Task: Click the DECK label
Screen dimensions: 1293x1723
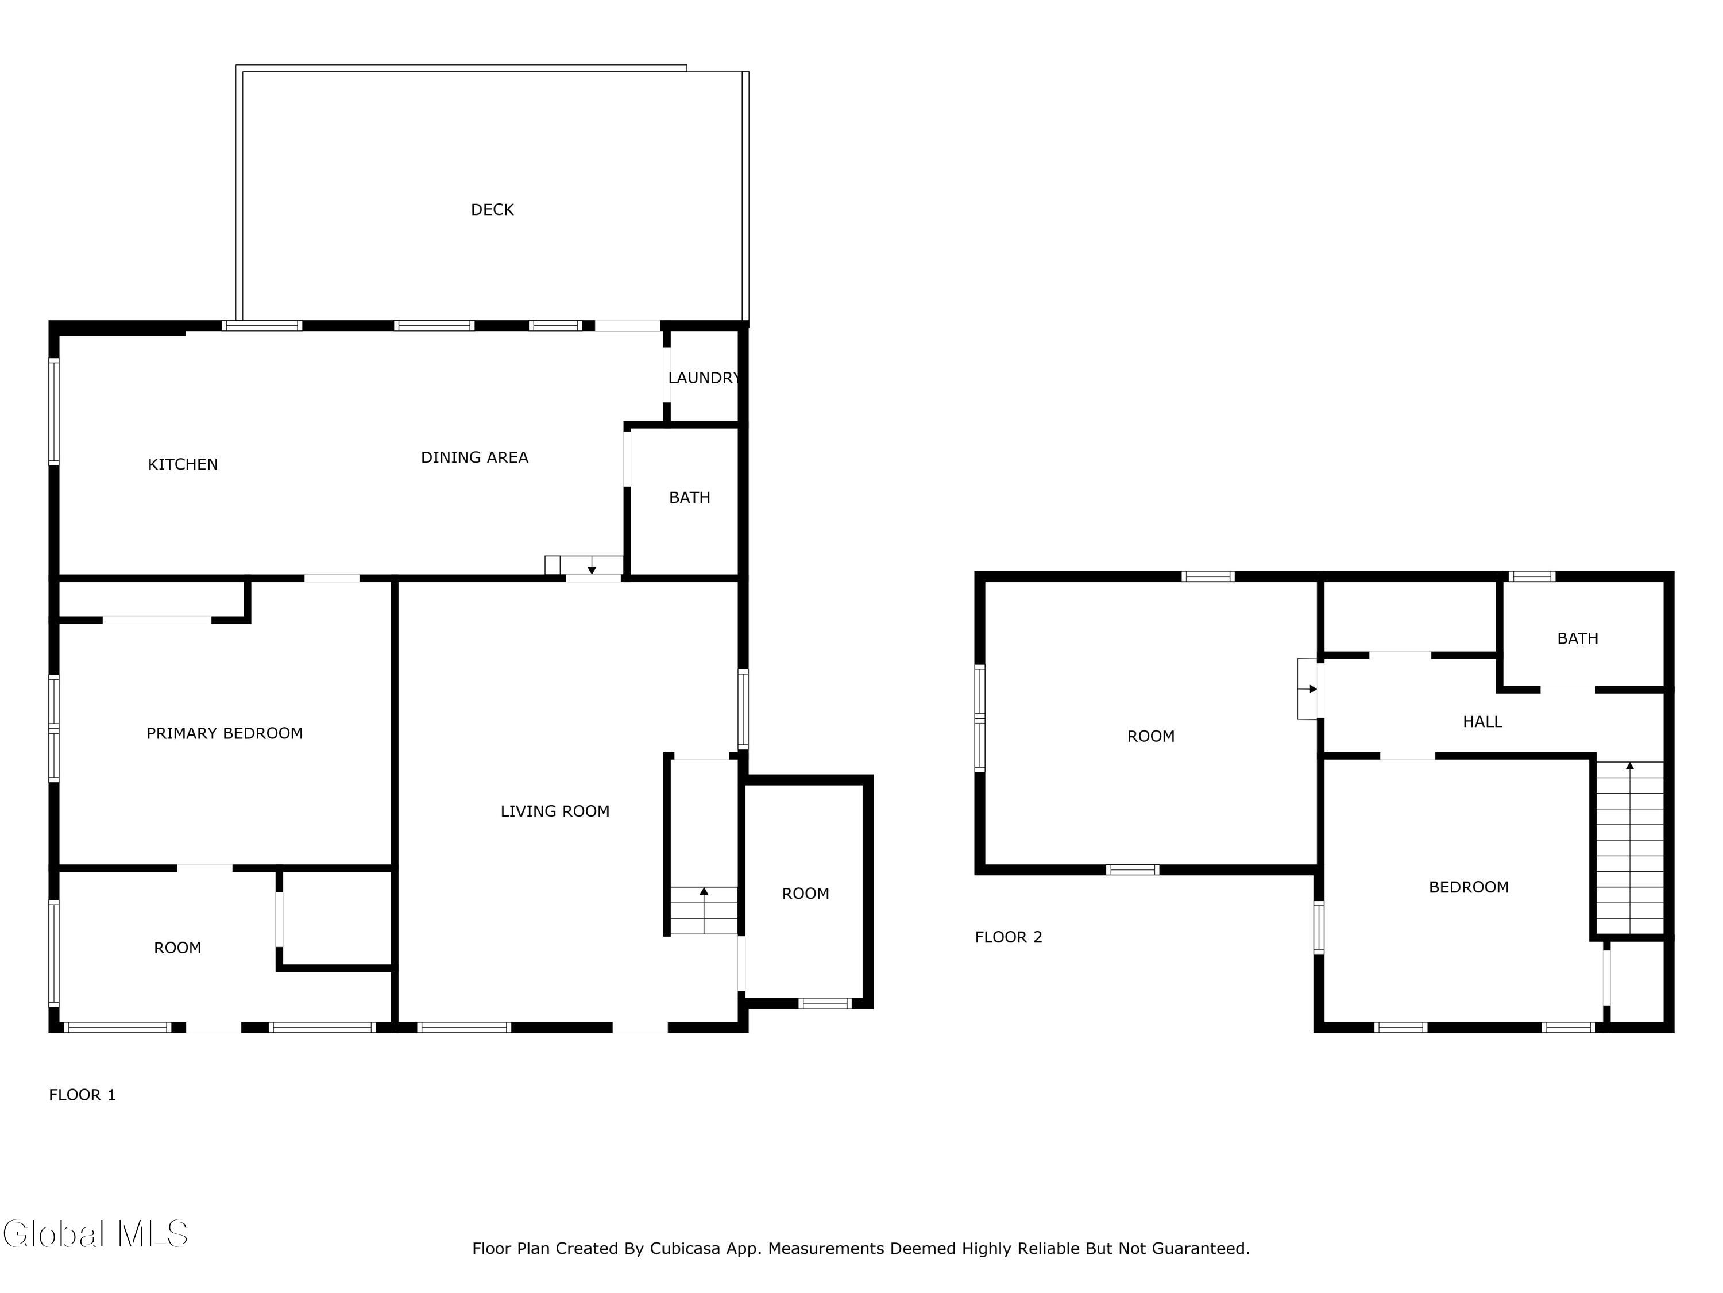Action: pyautogui.click(x=492, y=210)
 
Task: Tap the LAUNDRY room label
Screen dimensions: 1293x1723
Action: pyautogui.click(x=704, y=378)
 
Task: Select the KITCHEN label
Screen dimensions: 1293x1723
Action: pyautogui.click(x=183, y=464)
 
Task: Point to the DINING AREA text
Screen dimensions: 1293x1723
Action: pyautogui.click(x=474, y=457)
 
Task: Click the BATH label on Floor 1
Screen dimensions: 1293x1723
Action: pyautogui.click(x=689, y=497)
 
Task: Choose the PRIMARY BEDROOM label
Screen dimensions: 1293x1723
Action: pyautogui.click(x=225, y=733)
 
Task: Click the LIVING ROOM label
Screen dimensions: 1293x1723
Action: pyautogui.click(x=555, y=811)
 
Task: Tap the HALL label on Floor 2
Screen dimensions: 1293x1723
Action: pyautogui.click(x=1482, y=722)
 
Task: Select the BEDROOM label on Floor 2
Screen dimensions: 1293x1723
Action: pyautogui.click(x=1469, y=887)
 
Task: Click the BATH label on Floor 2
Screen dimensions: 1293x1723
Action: pyautogui.click(x=1577, y=638)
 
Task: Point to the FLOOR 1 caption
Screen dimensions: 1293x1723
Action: pyautogui.click(x=82, y=1095)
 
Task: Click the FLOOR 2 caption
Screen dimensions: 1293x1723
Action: pyautogui.click(x=1008, y=937)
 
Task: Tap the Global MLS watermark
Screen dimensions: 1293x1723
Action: pyautogui.click(x=95, y=1234)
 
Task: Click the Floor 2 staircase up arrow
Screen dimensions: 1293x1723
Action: pyautogui.click(x=1629, y=766)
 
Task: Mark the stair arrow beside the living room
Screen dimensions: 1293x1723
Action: pyautogui.click(x=704, y=891)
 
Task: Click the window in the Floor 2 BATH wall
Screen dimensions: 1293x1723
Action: pyautogui.click(x=1531, y=577)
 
